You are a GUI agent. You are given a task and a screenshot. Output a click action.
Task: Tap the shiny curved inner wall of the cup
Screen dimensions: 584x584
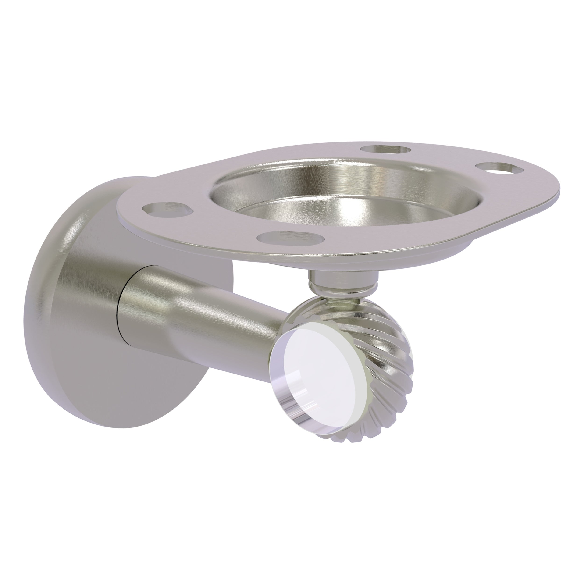(x=302, y=178)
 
